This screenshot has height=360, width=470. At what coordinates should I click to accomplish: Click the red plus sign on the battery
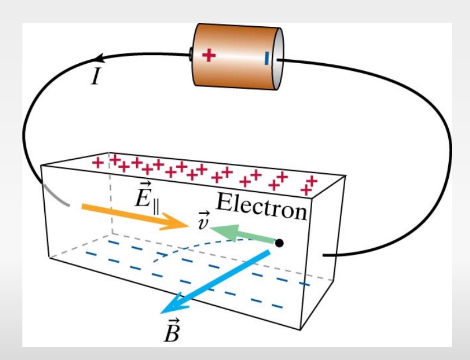tap(208, 55)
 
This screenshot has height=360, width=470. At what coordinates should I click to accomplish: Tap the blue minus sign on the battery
tap(266, 57)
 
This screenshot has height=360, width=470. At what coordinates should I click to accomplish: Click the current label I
tap(95, 77)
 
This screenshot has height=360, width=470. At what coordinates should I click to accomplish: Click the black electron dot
tap(279, 243)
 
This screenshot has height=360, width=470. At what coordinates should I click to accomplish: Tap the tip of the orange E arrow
tap(188, 224)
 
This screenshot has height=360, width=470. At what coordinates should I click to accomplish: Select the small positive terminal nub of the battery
tap(190, 55)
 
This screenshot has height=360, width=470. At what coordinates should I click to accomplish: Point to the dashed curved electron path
tap(185, 246)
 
